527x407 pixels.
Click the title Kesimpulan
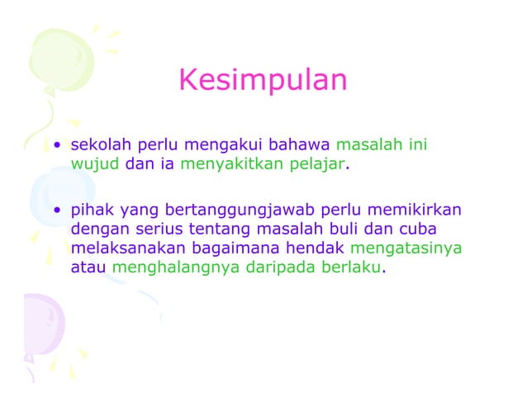[x=263, y=81]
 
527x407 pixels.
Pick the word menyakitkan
[x=230, y=164]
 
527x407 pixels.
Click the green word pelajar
[x=318, y=164]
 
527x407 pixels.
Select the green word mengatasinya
[x=406, y=248]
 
